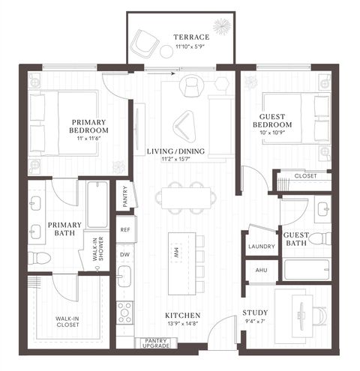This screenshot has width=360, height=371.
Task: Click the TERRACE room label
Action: (x=190, y=37)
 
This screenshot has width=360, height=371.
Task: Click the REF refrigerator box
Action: (x=124, y=230)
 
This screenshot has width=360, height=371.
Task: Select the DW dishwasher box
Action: (x=124, y=254)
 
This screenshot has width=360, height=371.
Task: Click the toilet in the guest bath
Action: (x=319, y=239)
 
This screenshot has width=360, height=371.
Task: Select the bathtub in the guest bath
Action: (x=306, y=269)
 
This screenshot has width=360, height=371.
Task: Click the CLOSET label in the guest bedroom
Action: (x=306, y=176)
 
